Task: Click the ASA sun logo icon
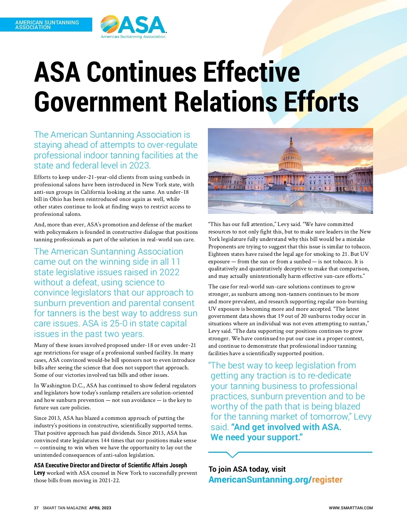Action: pos(109,24)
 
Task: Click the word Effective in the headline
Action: pos(251,72)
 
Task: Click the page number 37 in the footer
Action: pos(36,508)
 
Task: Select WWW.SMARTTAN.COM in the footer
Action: pos(351,508)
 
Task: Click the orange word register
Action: pos(327,480)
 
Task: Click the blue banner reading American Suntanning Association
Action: pos(46,25)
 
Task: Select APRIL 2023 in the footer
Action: pos(100,508)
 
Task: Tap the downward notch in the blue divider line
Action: pos(232,455)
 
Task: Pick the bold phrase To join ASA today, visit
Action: pos(247,469)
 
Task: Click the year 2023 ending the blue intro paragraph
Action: pos(139,166)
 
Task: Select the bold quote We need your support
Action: pos(256,437)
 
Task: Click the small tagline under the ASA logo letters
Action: pos(133,37)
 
